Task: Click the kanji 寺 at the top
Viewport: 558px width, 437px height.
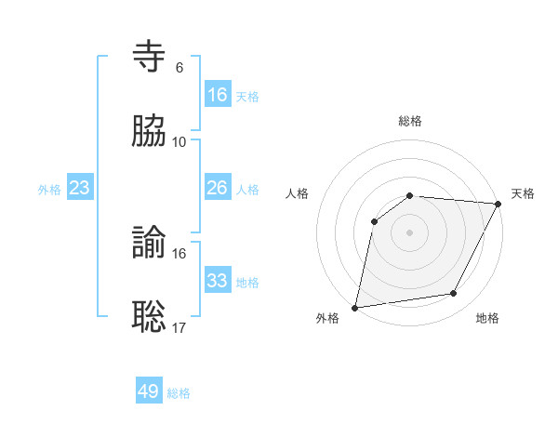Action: (x=150, y=58)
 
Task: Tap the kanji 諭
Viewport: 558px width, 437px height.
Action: (x=150, y=243)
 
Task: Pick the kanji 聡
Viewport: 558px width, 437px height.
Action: (x=150, y=316)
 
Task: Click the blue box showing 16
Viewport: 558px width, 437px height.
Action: (x=218, y=94)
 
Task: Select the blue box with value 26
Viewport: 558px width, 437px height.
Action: (x=218, y=188)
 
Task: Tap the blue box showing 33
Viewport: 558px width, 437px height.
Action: (x=218, y=281)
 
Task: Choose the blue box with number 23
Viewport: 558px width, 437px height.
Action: (x=80, y=188)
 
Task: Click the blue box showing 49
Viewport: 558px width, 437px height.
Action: (x=149, y=391)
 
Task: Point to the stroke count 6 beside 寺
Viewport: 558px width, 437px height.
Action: (x=179, y=68)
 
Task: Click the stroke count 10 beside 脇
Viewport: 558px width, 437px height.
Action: (x=179, y=141)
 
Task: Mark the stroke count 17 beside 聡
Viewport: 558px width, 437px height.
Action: (x=179, y=327)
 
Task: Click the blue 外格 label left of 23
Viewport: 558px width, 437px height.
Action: (x=49, y=189)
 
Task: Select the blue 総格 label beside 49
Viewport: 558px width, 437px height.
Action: (x=179, y=393)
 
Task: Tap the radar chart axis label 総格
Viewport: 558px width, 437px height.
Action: (x=410, y=121)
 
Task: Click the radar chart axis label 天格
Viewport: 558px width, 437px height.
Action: (x=523, y=193)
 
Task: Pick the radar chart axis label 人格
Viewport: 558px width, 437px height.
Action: (x=297, y=193)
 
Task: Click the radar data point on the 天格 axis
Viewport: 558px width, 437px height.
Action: (x=498, y=204)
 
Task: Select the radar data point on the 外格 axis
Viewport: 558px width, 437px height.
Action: (x=355, y=307)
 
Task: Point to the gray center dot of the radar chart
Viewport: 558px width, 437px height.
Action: (x=410, y=232)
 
